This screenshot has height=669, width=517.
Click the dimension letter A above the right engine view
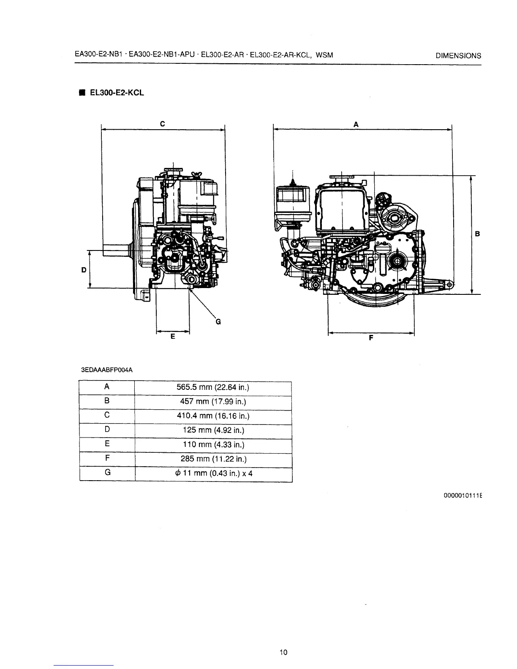(x=356, y=124)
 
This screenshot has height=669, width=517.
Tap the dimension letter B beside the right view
(x=477, y=234)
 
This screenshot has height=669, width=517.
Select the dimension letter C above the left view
(x=162, y=123)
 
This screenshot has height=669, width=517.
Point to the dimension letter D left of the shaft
(x=84, y=269)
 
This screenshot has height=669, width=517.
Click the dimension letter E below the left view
(x=172, y=337)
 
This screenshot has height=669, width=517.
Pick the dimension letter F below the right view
(x=371, y=337)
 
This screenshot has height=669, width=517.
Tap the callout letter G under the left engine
(x=218, y=322)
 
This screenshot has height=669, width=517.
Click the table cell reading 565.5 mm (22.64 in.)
(x=213, y=387)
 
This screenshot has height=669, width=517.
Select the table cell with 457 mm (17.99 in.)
(x=213, y=402)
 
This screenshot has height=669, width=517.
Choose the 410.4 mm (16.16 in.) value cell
(x=213, y=416)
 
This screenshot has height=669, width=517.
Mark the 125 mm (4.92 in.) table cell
(x=213, y=430)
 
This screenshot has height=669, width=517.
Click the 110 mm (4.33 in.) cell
(x=213, y=445)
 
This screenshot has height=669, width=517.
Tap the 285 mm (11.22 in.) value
(x=213, y=459)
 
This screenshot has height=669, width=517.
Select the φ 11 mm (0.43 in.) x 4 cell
(x=213, y=473)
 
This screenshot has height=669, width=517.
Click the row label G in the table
(x=107, y=473)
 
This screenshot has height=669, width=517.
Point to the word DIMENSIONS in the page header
(x=458, y=56)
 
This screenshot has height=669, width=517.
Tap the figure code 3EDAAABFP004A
(x=106, y=370)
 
